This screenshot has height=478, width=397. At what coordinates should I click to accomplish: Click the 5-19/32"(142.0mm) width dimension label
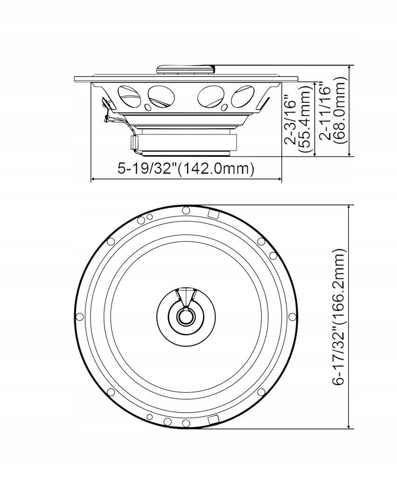click(186, 169)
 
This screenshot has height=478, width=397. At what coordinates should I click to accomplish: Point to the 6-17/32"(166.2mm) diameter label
click(339, 317)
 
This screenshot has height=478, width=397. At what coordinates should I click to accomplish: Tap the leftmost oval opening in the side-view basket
click(130, 96)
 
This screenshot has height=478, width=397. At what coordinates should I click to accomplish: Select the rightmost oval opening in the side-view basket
click(243, 96)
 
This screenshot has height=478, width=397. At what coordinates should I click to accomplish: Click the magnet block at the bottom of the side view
click(186, 142)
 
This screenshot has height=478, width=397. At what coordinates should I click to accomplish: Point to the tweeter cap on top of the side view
click(186, 69)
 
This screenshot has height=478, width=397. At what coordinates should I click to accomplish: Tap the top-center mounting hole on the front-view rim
click(186, 210)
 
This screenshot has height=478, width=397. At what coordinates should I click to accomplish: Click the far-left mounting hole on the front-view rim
click(80, 316)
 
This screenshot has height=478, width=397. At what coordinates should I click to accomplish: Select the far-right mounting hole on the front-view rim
click(292, 316)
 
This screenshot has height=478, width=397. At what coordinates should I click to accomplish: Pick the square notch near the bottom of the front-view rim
click(213, 419)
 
